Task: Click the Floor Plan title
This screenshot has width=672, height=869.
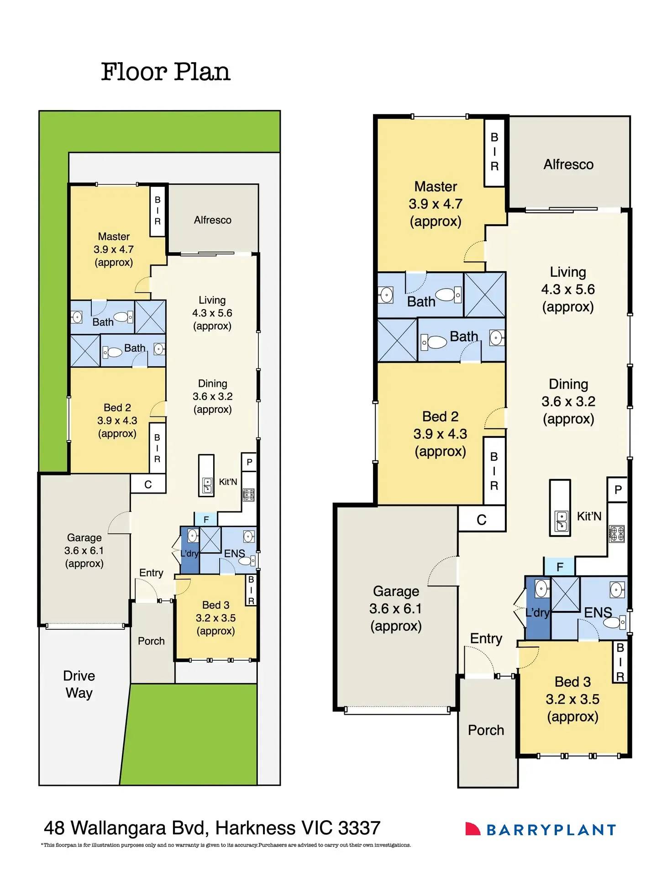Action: coord(165,72)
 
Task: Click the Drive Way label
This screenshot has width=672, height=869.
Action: coord(79,684)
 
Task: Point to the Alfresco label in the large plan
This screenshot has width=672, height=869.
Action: coord(568,164)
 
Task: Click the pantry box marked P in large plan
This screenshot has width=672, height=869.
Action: coord(618,490)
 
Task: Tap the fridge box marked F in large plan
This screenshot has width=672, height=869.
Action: coord(560,567)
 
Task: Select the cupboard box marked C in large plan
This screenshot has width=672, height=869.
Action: coord(481,520)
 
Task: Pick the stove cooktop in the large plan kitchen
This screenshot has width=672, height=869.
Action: coord(617,533)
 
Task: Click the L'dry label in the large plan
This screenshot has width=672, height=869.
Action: coord(537,612)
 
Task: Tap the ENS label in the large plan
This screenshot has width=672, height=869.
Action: coord(598,612)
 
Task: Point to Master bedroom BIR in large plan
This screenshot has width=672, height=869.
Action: coord(494,152)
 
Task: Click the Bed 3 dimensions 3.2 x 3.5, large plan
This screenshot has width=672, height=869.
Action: coord(572,699)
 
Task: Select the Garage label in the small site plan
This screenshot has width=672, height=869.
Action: coord(84,537)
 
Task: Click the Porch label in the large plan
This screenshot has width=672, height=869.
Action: coord(486,730)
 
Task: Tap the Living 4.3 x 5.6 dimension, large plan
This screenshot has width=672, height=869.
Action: coord(568,289)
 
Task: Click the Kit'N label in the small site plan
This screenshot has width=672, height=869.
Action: coord(228,482)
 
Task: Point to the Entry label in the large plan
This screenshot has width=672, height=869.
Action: coord(486,638)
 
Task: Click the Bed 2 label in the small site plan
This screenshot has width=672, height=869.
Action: coord(117,407)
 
